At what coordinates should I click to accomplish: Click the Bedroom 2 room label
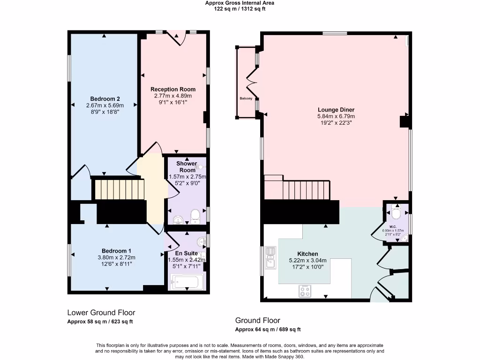click(x=105, y=99)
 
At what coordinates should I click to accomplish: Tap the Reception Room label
click(x=173, y=89)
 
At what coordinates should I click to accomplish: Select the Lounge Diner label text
click(x=336, y=110)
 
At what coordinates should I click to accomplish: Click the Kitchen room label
click(x=307, y=254)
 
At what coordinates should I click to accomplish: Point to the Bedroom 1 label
click(x=116, y=251)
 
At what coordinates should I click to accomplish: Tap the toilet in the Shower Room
click(x=195, y=216)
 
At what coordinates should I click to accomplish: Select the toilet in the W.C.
click(x=396, y=214)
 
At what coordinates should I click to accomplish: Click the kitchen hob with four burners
click(x=305, y=291)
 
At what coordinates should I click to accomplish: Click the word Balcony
click(x=246, y=98)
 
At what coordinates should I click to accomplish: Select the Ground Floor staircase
click(x=300, y=190)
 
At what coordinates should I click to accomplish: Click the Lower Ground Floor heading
click(x=101, y=312)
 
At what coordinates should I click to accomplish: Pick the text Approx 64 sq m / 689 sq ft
click(x=268, y=330)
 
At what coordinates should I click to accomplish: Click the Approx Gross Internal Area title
click(x=240, y=3)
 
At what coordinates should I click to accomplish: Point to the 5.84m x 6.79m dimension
click(x=336, y=116)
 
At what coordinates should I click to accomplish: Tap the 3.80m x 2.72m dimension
click(x=116, y=257)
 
